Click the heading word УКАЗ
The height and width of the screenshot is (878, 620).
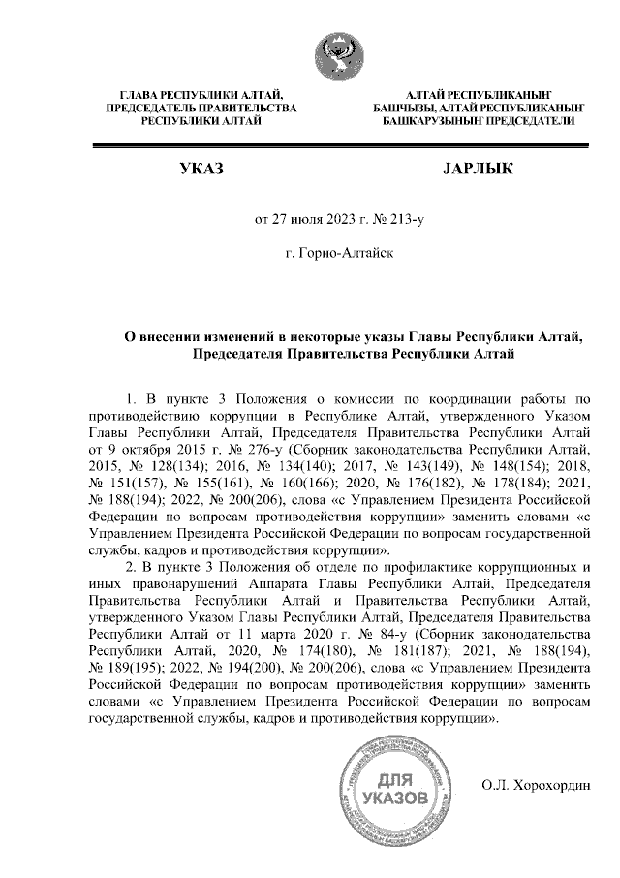(x=201, y=171)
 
